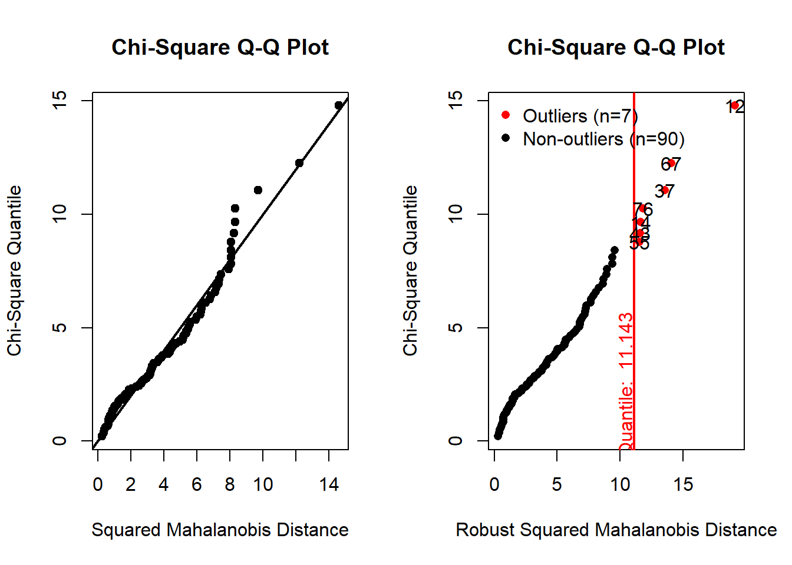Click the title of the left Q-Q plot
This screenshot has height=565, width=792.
coord(220,48)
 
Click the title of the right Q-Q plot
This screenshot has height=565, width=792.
coord(616,48)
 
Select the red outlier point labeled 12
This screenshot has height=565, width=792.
coord(734,106)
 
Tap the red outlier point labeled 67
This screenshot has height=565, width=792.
coord(671,163)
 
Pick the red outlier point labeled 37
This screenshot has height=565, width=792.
coord(665,190)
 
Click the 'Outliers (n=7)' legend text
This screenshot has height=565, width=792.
coord(580,116)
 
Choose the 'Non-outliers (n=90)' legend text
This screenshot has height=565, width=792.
coord(603,139)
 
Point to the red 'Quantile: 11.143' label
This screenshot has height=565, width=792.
coord(626,381)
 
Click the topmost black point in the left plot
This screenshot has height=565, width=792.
coord(338,105)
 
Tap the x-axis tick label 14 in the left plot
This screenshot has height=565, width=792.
coord(329,484)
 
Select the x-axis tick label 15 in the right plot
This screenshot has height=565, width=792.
coord(683,484)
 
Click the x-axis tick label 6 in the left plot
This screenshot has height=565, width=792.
coord(197,484)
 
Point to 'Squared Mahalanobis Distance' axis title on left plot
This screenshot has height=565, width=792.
coord(220,530)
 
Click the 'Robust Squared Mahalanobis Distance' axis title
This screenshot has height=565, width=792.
coord(616,530)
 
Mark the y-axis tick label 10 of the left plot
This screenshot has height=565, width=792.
coord(60,214)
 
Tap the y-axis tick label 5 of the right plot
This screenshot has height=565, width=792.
coord(456,327)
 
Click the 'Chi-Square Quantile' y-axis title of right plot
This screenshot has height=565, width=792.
coord(410,271)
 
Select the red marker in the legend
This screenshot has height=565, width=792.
coord(505,115)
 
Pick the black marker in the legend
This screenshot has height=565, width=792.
coord(505,138)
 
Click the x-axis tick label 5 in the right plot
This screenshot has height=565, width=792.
coord(557,484)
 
